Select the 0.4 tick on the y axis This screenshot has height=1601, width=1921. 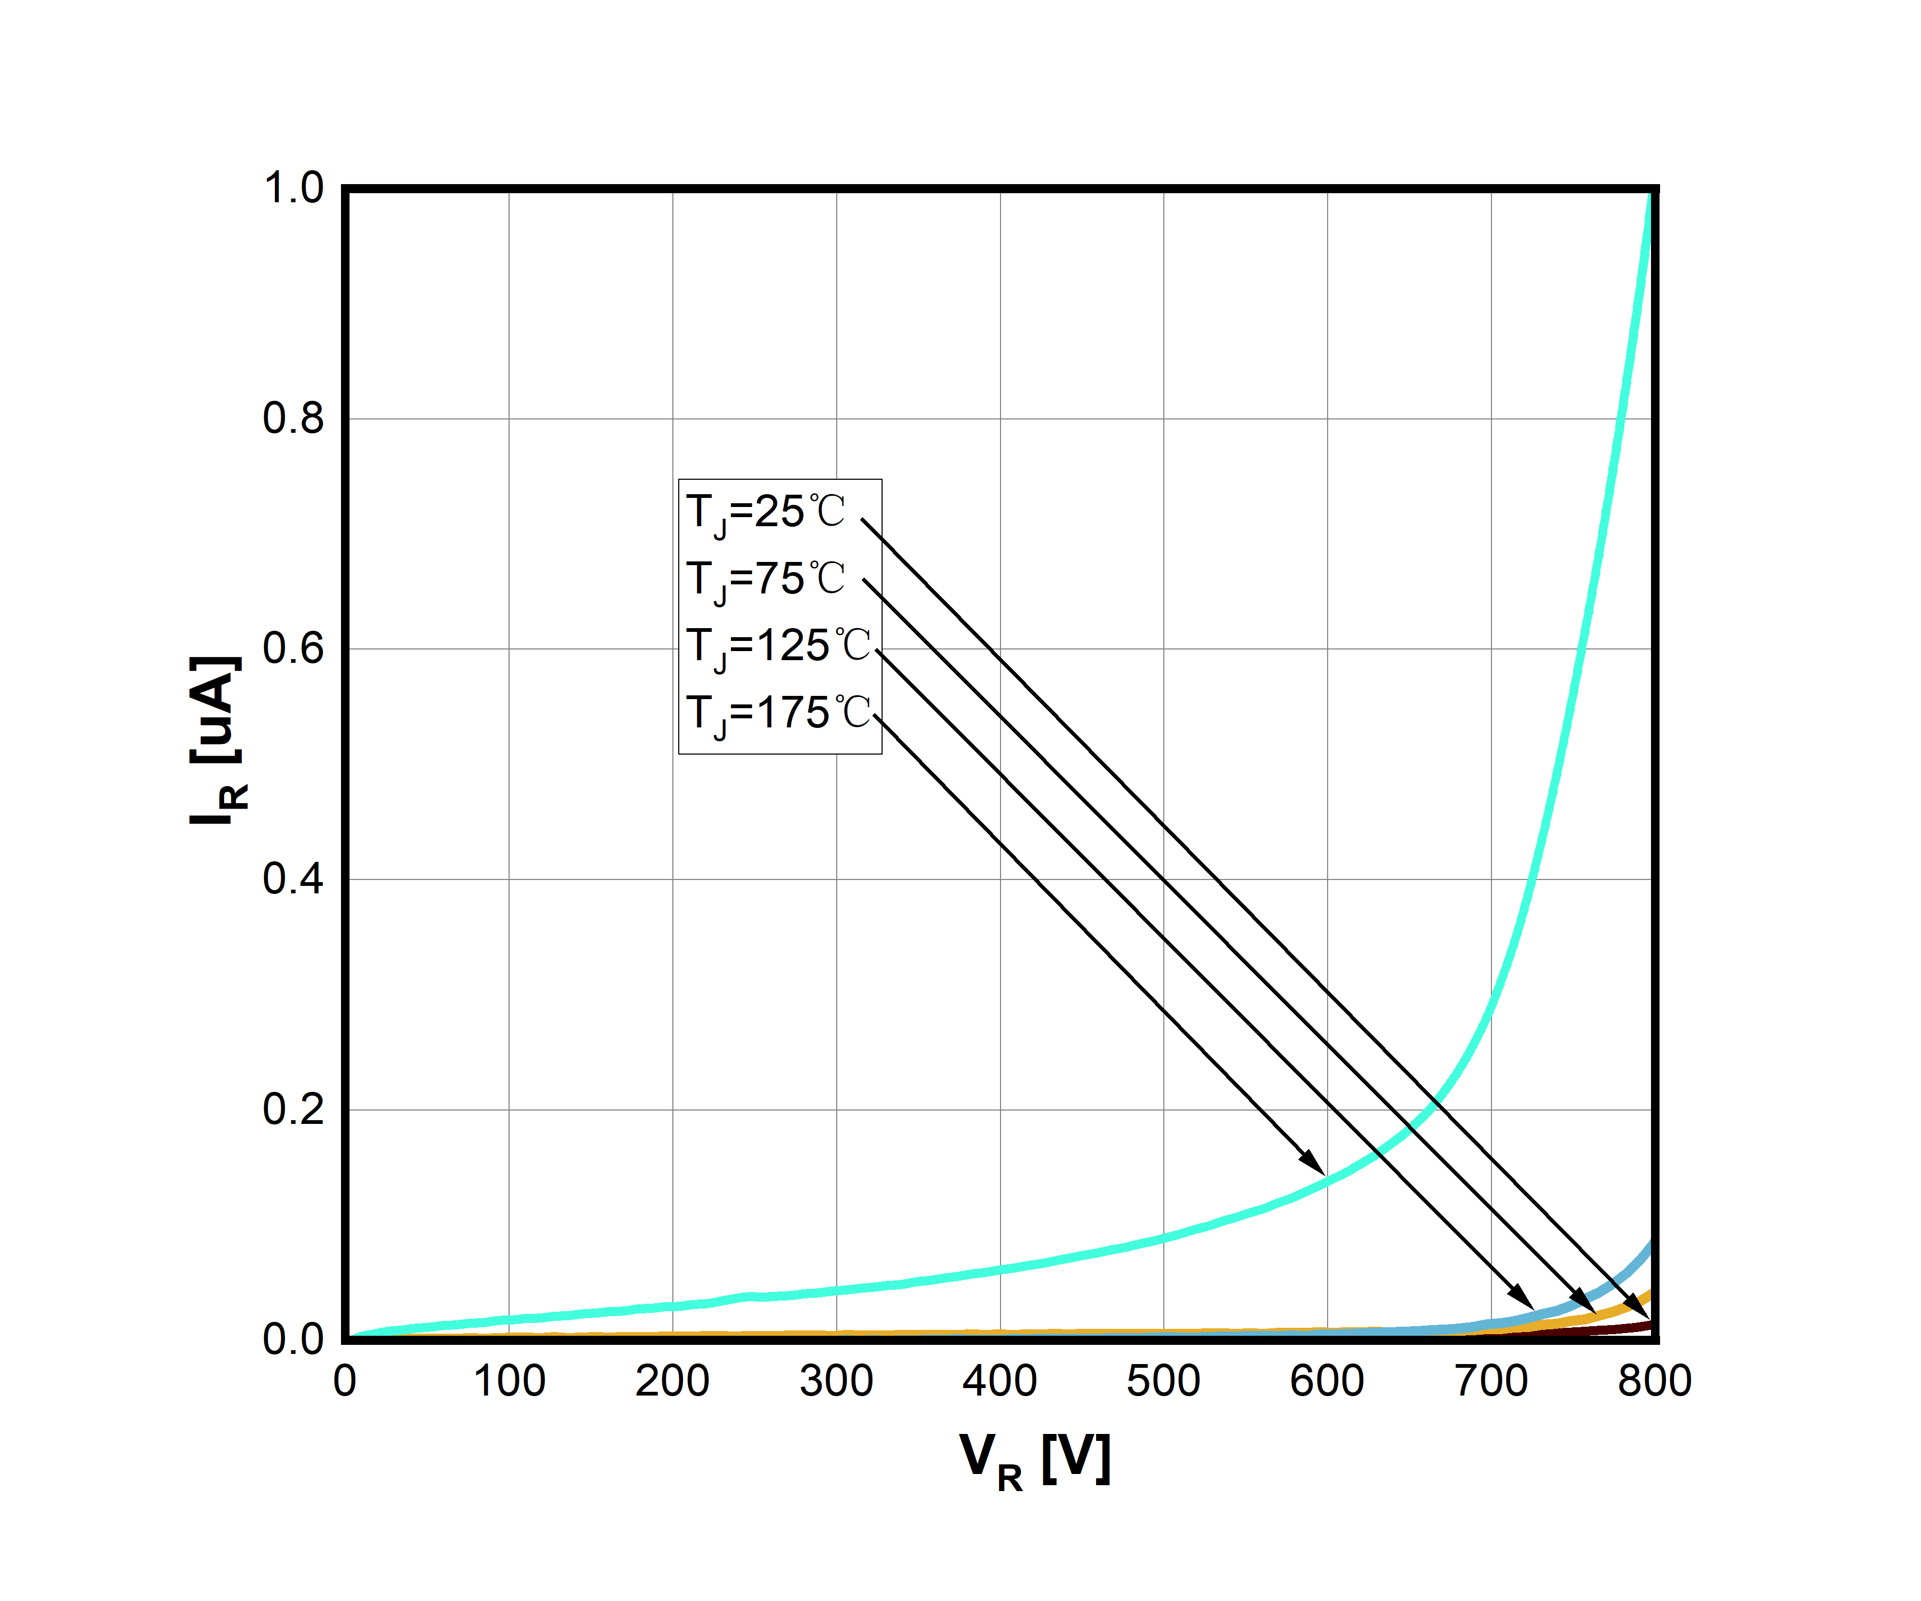[293, 879]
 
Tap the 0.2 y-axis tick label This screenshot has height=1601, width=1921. [293, 1109]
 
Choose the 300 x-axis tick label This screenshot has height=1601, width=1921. [836, 1382]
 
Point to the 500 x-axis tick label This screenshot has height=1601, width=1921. [1164, 1382]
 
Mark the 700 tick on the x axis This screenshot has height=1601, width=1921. [1491, 1382]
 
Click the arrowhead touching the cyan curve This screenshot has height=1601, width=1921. [1314, 1164]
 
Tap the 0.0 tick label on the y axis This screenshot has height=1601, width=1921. [293, 1340]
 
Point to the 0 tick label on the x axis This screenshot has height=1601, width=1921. [345, 1382]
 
